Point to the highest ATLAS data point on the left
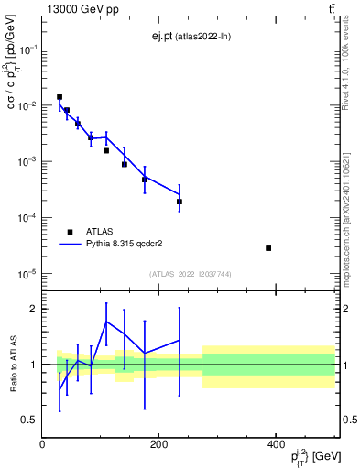60,97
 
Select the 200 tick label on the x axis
159,443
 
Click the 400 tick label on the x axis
276,443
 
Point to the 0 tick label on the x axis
42,443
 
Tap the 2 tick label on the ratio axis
33,309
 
